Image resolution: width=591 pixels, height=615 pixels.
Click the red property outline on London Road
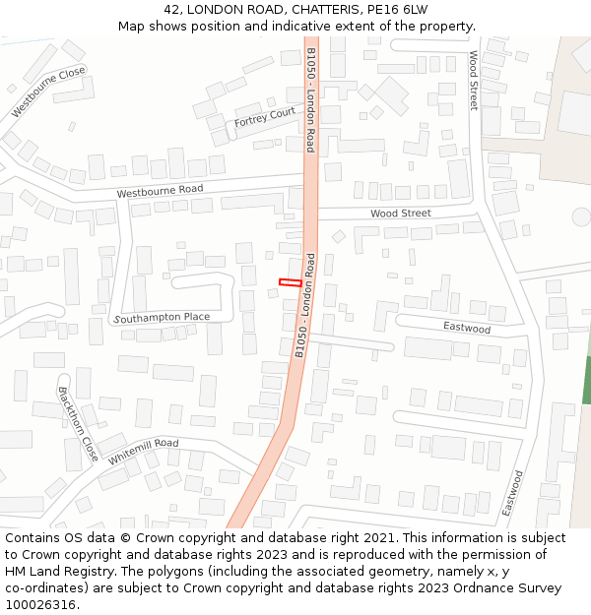pos(291,282)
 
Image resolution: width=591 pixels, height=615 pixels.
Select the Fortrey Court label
pos(265,118)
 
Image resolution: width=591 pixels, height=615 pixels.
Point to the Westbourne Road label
pos(160,190)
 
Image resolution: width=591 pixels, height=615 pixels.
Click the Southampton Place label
pos(163,317)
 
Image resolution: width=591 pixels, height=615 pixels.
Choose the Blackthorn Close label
pos(78,423)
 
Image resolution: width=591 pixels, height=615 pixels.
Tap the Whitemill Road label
pos(144,453)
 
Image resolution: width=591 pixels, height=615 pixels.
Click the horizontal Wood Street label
pos(400,214)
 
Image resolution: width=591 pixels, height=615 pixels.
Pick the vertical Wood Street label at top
pos(473,80)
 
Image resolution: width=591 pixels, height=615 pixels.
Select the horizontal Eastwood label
pos(466,328)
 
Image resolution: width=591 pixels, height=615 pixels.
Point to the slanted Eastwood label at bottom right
pos(512,493)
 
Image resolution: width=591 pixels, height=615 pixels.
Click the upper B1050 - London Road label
pos(310,98)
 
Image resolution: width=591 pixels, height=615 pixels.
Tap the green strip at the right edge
pos(587,379)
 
